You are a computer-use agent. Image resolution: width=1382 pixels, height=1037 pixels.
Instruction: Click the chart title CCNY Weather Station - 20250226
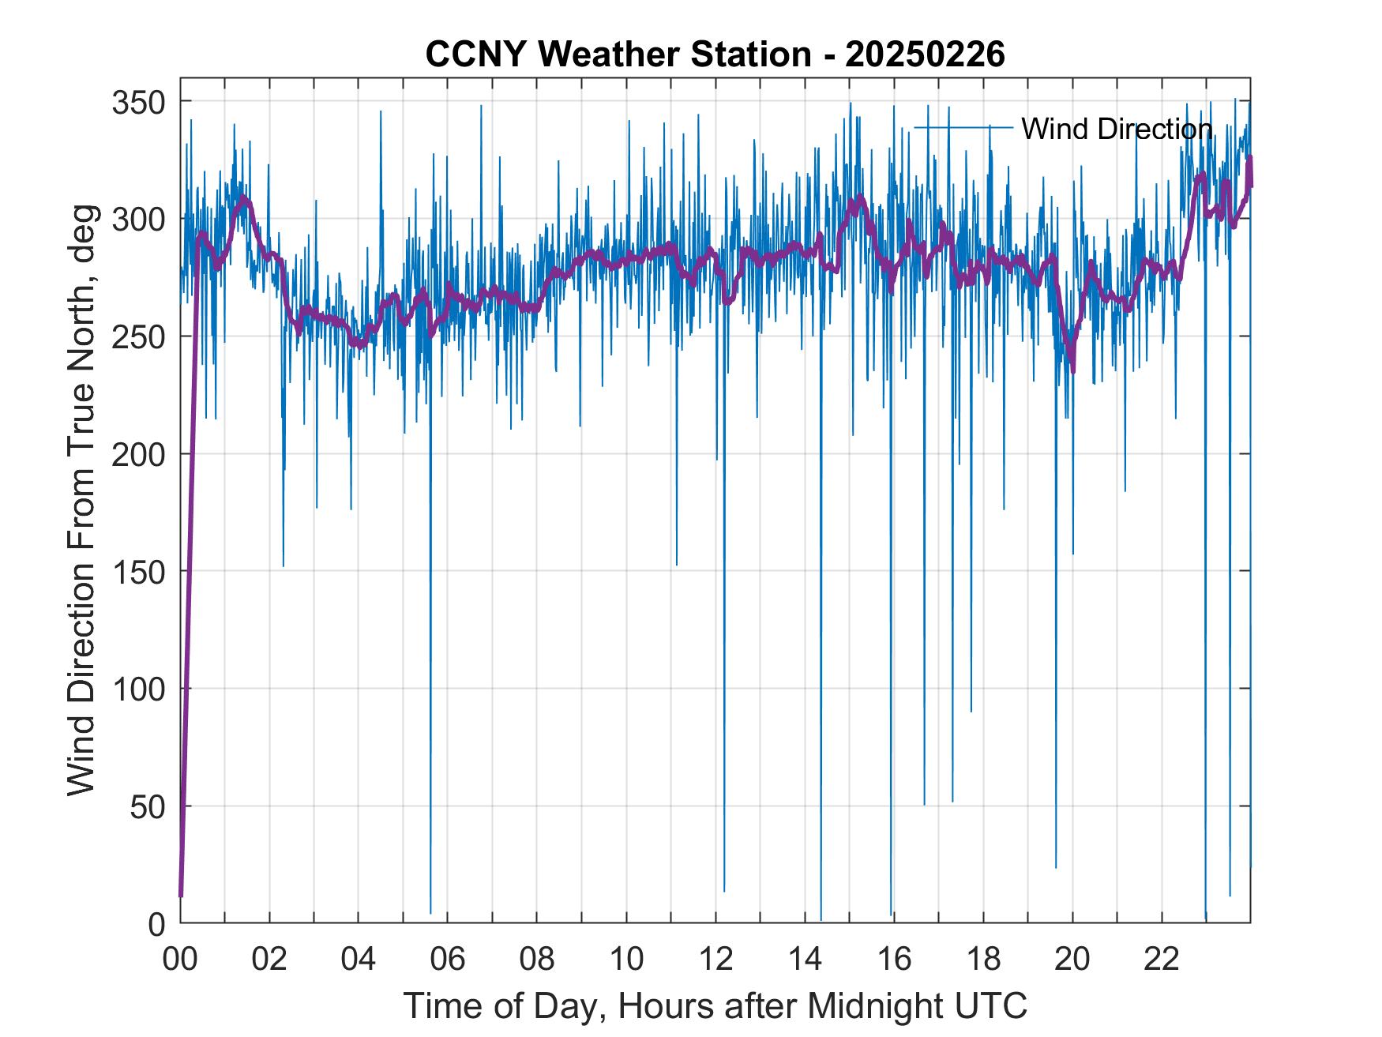tap(715, 55)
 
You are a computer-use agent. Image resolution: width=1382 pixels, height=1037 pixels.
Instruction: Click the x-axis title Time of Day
tap(715, 1005)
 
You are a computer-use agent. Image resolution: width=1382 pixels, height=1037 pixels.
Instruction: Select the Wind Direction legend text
tap(1117, 129)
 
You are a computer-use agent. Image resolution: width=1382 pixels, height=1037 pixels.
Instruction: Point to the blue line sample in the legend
tap(963, 127)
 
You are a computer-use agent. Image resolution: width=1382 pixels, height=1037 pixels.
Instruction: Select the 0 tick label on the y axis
tap(156, 924)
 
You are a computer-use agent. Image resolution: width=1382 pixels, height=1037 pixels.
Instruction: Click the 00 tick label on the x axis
tap(180, 960)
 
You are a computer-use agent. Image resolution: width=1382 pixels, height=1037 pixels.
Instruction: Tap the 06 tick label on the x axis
tap(448, 960)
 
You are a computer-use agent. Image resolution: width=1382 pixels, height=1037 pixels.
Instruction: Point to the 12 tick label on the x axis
tap(715, 960)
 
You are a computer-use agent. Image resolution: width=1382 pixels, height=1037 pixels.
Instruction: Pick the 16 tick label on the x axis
tap(894, 960)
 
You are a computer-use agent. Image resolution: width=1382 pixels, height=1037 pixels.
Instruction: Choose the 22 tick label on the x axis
tap(1162, 960)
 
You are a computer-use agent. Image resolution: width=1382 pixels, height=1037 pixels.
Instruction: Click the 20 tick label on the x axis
tap(1072, 960)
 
